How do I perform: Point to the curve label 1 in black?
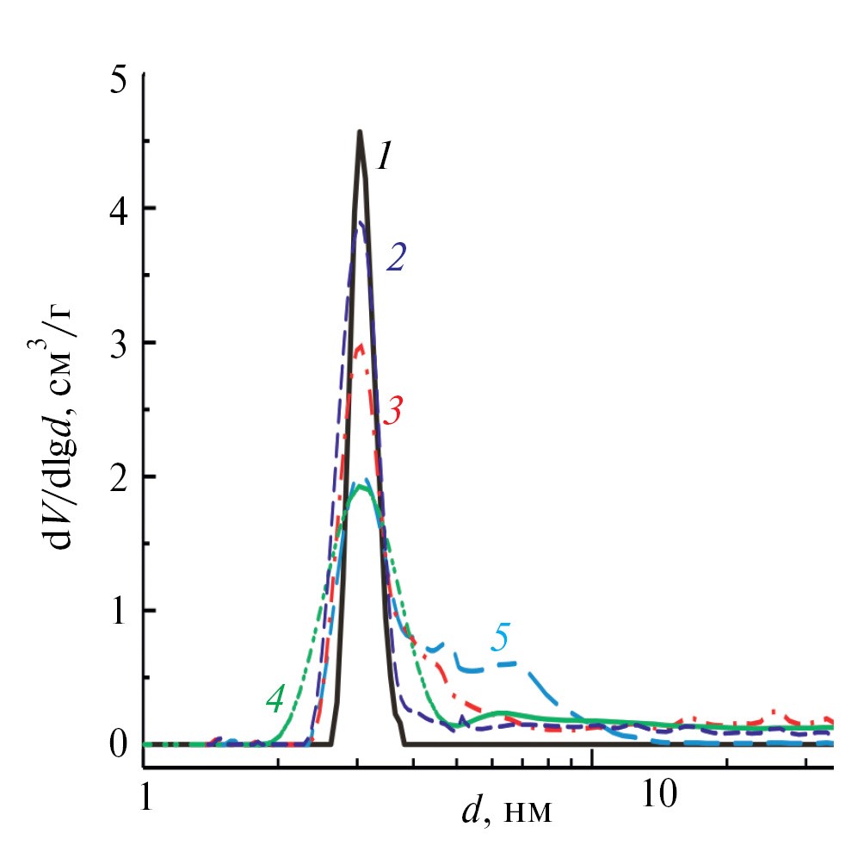383,158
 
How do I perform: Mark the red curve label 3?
393,411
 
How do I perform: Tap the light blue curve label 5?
501,638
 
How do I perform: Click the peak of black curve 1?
360,132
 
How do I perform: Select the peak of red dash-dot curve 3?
361,345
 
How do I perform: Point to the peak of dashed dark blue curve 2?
361,222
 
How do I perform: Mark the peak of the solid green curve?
361,488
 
